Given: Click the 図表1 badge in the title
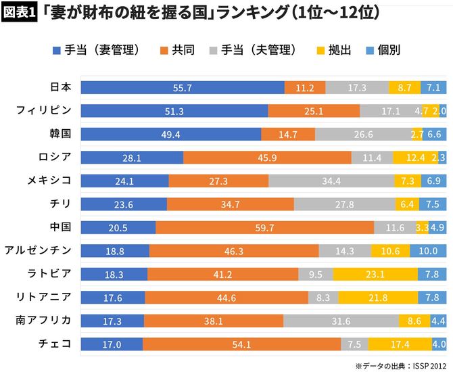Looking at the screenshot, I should pyautogui.click(x=20, y=14).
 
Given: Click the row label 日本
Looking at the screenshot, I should pyautogui.click(x=61, y=87).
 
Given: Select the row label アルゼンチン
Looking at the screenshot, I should pyautogui.click(x=39, y=251).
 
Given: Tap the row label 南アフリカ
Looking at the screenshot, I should pyautogui.click(x=44, y=321).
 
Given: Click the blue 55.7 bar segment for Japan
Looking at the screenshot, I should pyautogui.click(x=183, y=88).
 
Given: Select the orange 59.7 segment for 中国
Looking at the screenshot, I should pyautogui.click(x=264, y=227).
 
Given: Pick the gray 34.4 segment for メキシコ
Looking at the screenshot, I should pyautogui.click(x=331, y=181).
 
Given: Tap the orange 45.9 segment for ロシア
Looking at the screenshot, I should pyautogui.click(x=267, y=158).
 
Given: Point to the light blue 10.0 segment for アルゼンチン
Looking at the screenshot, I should pyautogui.click(x=428, y=251).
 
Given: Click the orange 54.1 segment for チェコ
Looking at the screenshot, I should pyautogui.click(x=241, y=344).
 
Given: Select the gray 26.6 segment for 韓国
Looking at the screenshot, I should pyautogui.click(x=363, y=135).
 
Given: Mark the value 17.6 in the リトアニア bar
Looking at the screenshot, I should pyautogui.click(x=113, y=298).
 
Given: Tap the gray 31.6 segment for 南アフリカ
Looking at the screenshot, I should pyautogui.click(x=341, y=321).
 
